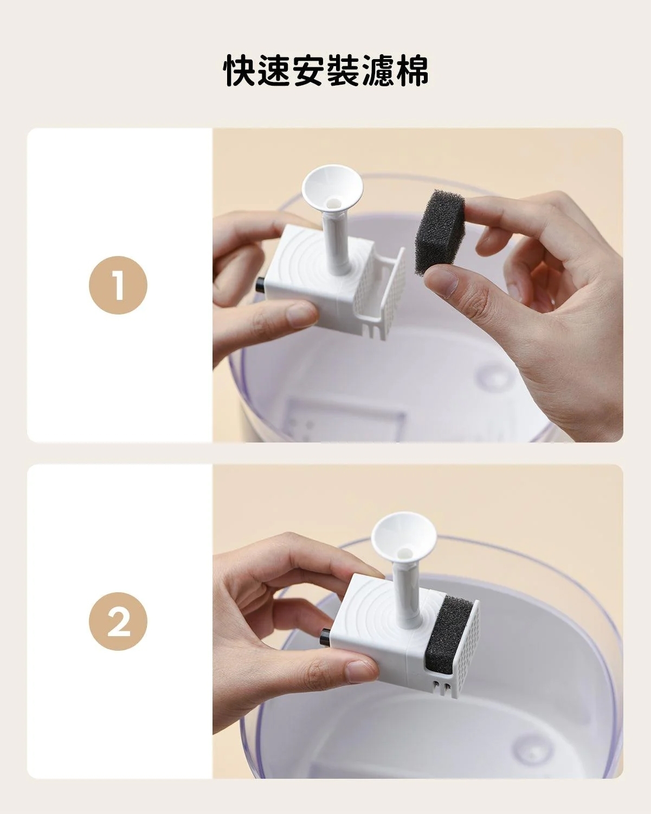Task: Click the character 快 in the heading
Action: pos(240,70)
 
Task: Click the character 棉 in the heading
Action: pos(412,70)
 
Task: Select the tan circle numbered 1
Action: pos(118,285)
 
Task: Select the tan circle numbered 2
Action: pos(118,621)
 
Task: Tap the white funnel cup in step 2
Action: pos(404,537)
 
